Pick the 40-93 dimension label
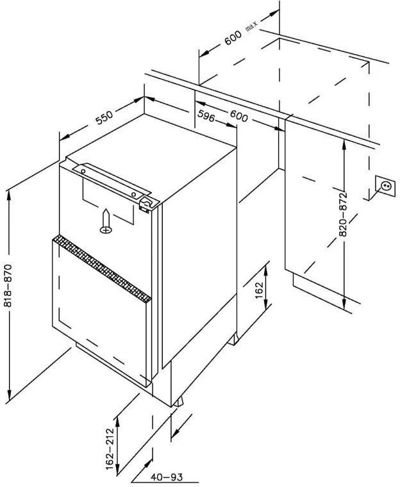point(164,476)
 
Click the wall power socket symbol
point(387,187)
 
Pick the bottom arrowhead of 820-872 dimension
point(344,304)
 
